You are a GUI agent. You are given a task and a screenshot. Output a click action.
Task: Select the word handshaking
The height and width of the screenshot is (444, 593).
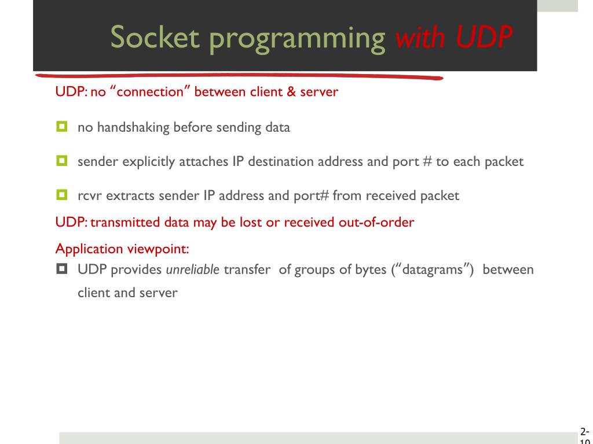click(129, 127)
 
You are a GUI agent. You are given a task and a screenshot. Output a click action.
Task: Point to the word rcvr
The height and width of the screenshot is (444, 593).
click(90, 195)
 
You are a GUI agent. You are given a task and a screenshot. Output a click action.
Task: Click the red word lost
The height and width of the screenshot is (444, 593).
click(250, 223)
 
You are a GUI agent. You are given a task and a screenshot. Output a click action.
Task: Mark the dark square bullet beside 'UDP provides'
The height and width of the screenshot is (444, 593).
click(61, 269)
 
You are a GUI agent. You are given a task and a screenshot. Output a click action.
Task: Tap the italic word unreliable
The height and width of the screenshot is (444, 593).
click(193, 270)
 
